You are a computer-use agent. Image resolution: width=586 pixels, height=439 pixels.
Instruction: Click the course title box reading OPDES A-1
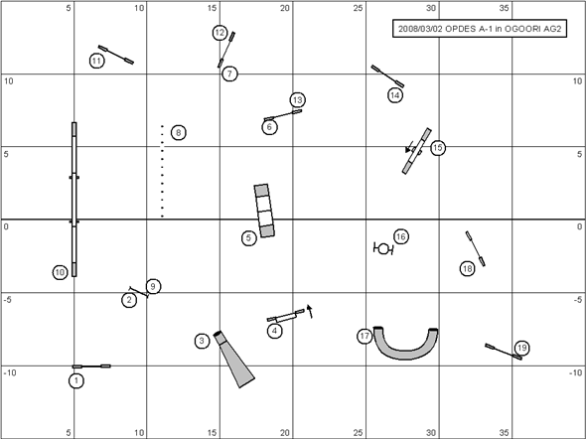tap(480, 29)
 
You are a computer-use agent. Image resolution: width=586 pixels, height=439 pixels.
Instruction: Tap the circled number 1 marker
tap(76, 380)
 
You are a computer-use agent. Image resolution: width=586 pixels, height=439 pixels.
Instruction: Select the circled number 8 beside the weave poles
tap(179, 133)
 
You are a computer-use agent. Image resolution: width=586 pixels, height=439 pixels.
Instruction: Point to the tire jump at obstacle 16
tap(383, 248)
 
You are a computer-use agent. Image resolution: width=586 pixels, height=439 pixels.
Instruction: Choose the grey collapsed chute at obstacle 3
tap(234, 359)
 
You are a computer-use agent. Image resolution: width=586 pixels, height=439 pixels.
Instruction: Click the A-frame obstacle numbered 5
tap(264, 211)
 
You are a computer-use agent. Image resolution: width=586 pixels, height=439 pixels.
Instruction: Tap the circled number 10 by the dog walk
tap(61, 272)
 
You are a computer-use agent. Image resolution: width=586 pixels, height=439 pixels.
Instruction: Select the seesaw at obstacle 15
tap(417, 151)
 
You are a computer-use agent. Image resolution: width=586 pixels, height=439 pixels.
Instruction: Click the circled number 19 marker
tap(521, 349)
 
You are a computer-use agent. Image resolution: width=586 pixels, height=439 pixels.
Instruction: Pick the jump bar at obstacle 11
tap(116, 55)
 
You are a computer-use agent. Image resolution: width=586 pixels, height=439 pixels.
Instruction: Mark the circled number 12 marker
tap(220, 33)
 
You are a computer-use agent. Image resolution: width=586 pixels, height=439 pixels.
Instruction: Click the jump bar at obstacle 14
tap(387, 76)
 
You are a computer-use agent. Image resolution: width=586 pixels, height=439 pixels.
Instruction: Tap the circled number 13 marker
tap(298, 100)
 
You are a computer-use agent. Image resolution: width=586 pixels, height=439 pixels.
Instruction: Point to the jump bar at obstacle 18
tap(476, 248)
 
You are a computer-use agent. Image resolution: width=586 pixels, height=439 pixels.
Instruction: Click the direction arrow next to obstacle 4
tap(310, 311)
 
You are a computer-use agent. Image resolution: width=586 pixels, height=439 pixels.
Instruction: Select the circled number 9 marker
tap(153, 287)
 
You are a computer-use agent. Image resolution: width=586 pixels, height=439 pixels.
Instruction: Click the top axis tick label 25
tap(358, 8)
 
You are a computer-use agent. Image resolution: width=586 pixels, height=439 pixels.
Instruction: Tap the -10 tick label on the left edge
tap(10, 372)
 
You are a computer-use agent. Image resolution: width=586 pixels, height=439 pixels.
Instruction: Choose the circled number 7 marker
tap(229, 73)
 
